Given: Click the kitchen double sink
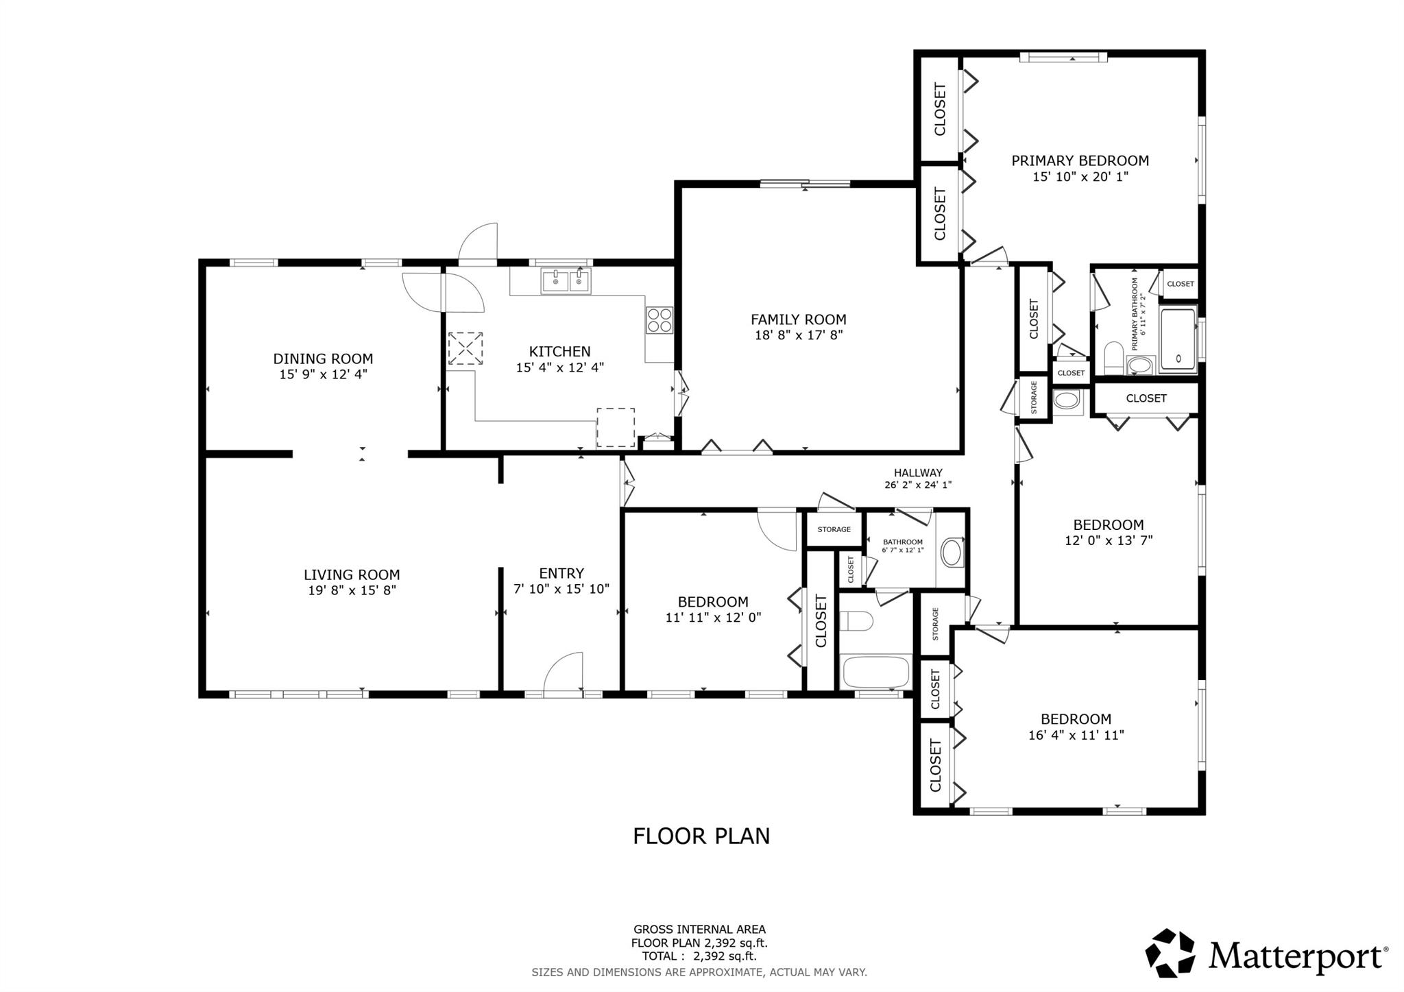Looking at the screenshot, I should point(566,281).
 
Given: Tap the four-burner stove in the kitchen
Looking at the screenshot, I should point(659,320).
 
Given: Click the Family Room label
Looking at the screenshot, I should point(798,319).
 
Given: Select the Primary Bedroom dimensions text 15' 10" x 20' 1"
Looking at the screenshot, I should point(1080,177).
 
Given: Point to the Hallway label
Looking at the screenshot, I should point(918,473).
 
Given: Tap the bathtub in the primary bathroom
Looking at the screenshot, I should point(1178,340).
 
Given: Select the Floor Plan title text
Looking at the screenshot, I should point(701,836).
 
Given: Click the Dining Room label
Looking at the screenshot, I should point(323,359).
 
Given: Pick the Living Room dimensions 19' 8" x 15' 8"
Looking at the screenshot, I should point(352,590).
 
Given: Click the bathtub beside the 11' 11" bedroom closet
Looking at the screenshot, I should point(875,673).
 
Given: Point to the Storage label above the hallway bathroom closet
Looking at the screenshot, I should point(834,529).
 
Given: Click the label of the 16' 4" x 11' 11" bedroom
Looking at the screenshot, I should point(1075,719).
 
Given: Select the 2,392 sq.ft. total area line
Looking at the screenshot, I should point(699,956).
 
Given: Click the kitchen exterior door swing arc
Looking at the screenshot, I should point(478,243).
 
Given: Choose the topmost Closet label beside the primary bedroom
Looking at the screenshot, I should point(940,109).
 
